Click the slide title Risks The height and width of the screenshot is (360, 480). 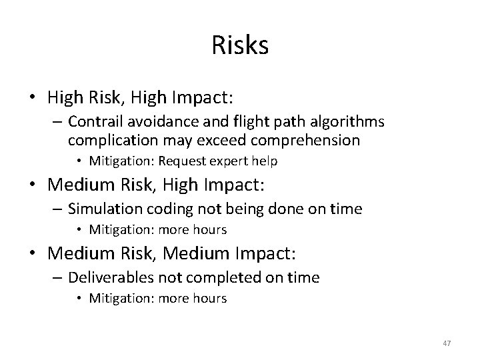[240, 45]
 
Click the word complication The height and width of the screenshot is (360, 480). [108, 141]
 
